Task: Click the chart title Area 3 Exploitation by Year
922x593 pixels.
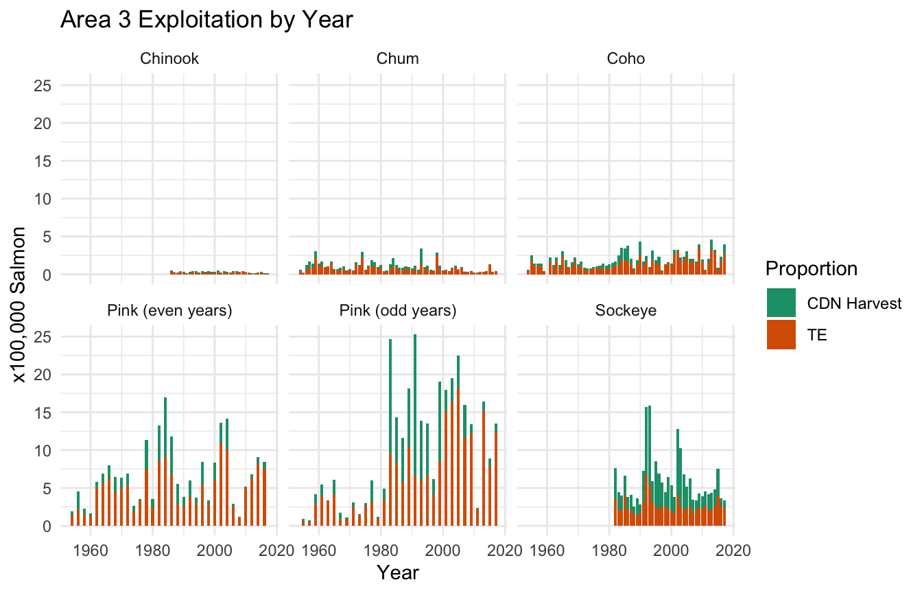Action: point(206,20)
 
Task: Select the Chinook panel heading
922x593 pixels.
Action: point(169,59)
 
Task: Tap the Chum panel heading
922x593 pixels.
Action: point(398,59)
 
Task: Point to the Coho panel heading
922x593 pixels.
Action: point(626,59)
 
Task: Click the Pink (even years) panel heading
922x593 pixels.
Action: point(169,311)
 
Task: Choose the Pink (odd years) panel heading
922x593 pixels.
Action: point(398,311)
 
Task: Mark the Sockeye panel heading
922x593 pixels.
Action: point(626,311)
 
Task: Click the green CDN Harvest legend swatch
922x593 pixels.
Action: point(781,303)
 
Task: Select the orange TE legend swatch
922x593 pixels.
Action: point(781,334)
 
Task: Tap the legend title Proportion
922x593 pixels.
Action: point(812,268)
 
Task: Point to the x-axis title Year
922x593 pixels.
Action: point(398,572)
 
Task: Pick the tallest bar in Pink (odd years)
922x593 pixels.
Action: point(415,426)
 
